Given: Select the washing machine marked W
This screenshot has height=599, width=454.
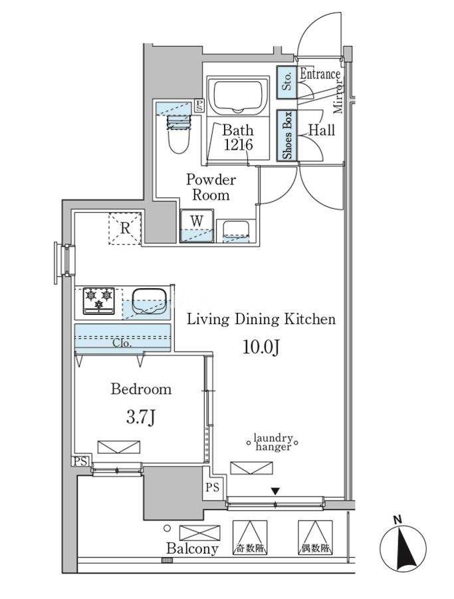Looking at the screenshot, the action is (197, 226).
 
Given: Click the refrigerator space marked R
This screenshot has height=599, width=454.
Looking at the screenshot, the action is (125, 228).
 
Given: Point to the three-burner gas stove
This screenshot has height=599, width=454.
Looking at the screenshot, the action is (99, 301).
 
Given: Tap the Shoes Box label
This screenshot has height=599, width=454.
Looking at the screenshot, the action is (287, 135).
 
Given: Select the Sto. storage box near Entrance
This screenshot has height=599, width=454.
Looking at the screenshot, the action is (287, 83).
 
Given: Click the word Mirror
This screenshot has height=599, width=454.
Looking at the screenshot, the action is (338, 97).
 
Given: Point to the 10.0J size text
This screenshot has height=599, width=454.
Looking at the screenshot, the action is (262, 347).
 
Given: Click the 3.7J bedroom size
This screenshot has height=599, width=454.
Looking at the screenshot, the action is (141, 419).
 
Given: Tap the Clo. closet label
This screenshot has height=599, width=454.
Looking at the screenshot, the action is (122, 343).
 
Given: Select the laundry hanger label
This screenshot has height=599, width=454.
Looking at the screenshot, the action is (274, 442).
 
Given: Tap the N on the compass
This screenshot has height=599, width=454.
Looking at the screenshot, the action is (397, 520).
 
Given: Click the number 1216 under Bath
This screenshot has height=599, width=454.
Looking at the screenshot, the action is (238, 145).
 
